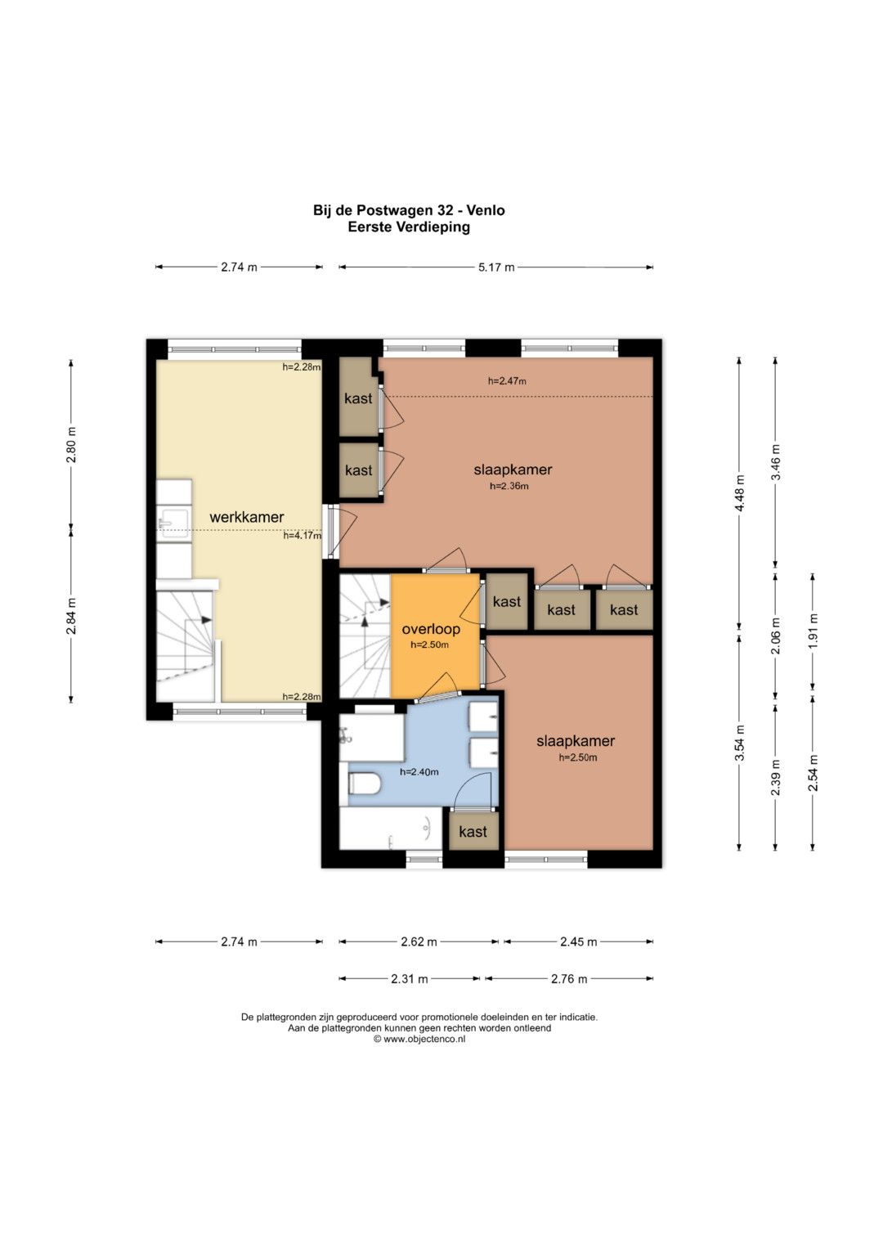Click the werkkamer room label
point(246,517)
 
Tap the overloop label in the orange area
point(431,629)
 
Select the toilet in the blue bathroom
point(364,783)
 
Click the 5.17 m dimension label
point(496,267)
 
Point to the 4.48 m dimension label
point(739,493)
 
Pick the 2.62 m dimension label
point(419,941)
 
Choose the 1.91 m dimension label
point(813,630)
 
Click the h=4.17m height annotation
point(303,536)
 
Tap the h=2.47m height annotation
point(507,381)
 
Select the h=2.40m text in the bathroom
point(419,772)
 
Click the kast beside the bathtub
point(473,831)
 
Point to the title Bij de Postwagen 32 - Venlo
point(409,210)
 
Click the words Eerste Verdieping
point(409,227)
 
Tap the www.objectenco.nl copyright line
point(419,1039)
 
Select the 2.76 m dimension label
point(569,978)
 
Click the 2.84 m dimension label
point(71,616)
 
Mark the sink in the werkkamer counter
point(174,523)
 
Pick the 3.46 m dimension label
point(776,461)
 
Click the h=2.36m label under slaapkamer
point(509,486)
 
